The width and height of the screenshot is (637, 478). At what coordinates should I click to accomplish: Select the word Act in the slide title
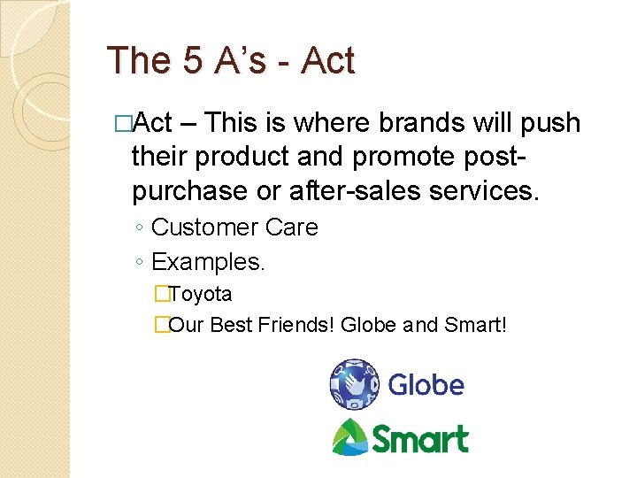click(x=327, y=62)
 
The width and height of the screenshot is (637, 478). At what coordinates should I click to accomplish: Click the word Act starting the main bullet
click(x=156, y=123)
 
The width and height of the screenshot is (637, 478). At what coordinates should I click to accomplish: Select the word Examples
click(x=208, y=262)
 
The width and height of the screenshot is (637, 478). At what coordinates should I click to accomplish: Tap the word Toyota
click(x=201, y=293)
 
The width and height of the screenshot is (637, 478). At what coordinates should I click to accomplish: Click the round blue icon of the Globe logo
click(x=354, y=384)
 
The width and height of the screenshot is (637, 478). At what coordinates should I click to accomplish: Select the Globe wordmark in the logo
click(x=426, y=385)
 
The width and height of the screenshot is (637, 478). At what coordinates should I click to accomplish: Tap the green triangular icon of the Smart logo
click(x=349, y=436)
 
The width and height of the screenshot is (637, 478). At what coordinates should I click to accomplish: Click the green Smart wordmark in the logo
click(x=419, y=438)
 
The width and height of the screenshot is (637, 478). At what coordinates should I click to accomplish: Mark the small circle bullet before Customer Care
click(x=141, y=228)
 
